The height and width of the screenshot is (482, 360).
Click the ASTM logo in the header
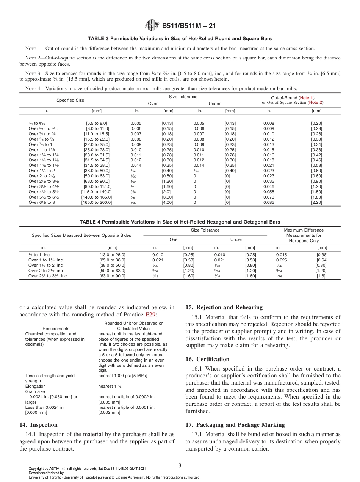152,26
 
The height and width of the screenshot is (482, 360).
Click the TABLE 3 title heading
180,39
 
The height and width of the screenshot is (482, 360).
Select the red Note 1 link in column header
307,98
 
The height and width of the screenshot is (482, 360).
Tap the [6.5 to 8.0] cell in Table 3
97,123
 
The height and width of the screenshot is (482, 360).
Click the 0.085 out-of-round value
268,202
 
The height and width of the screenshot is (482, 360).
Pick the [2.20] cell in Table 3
316,202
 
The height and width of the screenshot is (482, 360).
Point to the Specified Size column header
70,100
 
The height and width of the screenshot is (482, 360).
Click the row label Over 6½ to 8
42,202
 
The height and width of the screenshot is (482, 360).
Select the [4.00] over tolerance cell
167,202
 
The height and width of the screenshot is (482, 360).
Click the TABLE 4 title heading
180,222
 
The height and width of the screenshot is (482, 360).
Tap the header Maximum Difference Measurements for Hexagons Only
304,235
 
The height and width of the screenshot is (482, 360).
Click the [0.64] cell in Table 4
322,260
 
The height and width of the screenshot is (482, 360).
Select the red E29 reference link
150,315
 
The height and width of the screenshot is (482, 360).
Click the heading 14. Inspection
38,425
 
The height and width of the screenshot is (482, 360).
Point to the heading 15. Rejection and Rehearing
224,307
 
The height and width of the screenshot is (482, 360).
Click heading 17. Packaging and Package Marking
235,425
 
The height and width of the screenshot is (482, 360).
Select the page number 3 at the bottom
180,465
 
